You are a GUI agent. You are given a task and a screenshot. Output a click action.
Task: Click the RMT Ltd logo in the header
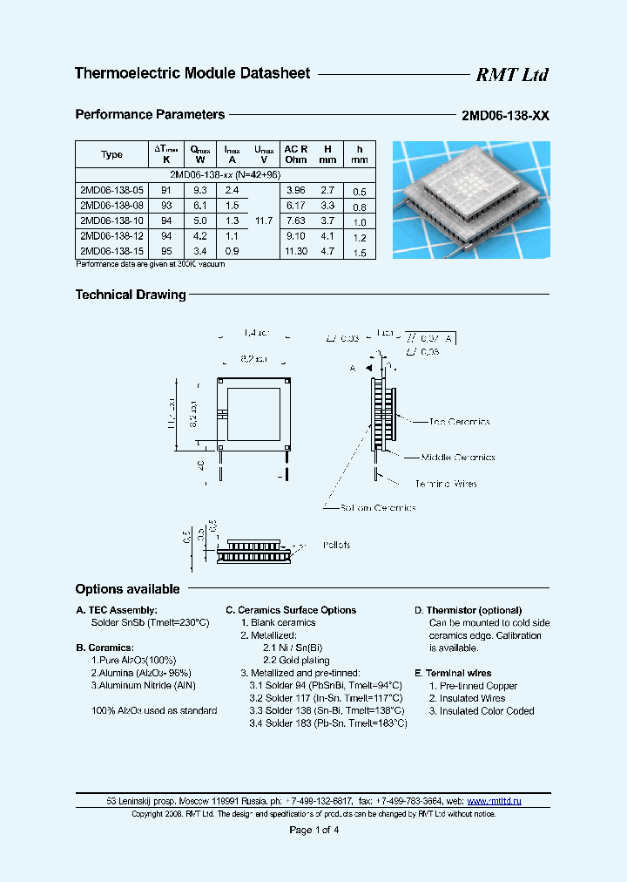click(x=512, y=75)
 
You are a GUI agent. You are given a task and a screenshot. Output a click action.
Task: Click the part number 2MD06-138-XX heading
click(x=506, y=115)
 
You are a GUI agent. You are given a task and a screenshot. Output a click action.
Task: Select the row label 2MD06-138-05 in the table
click(x=111, y=189)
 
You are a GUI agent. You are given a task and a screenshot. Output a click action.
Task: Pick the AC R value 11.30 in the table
click(x=296, y=251)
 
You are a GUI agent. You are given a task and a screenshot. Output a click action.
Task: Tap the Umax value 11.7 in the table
click(x=265, y=220)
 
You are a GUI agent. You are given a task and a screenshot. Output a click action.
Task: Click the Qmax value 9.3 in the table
click(x=199, y=189)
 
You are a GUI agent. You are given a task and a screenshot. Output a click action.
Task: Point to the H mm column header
click(x=327, y=154)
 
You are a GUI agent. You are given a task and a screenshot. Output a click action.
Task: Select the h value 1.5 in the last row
click(x=360, y=253)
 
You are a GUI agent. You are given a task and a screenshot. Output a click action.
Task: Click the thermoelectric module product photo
click(x=471, y=200)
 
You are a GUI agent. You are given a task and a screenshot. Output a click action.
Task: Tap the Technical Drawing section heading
click(x=131, y=295)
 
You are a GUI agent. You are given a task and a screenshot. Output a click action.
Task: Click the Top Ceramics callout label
click(x=459, y=422)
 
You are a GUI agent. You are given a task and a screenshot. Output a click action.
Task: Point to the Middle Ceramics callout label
click(x=458, y=457)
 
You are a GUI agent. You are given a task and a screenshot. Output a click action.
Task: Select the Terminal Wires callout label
click(x=446, y=484)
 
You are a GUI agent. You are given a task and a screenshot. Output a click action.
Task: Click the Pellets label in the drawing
click(x=336, y=545)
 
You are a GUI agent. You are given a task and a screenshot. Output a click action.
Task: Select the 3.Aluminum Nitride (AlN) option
click(x=143, y=686)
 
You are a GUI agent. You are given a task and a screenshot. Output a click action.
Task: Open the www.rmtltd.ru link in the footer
click(x=494, y=800)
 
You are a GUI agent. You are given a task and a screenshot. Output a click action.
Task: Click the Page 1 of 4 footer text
click(x=313, y=830)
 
